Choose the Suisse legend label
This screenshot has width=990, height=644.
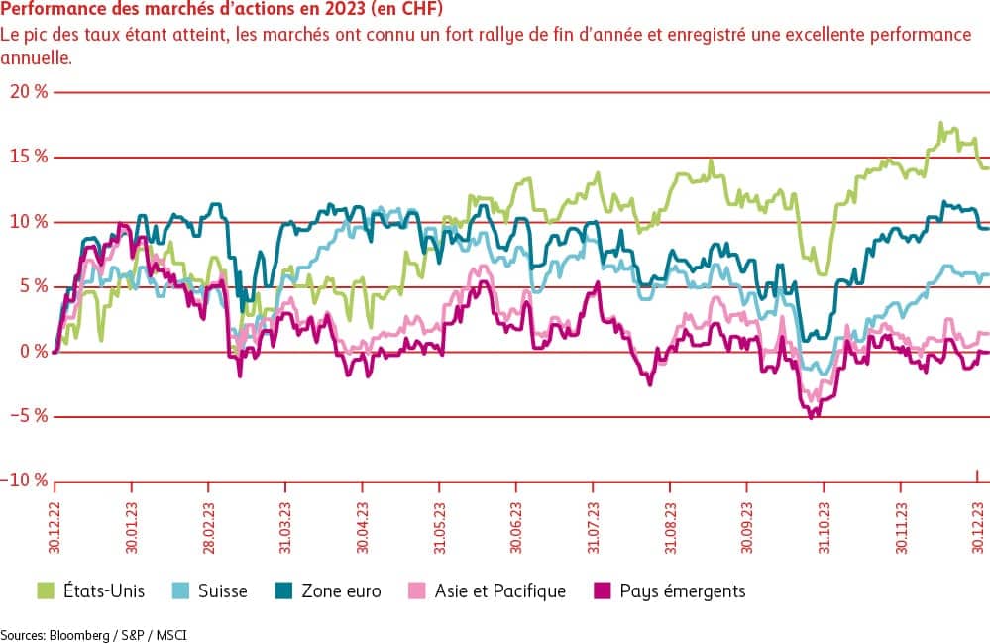tap(221, 591)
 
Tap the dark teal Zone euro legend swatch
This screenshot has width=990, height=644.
tap(281, 591)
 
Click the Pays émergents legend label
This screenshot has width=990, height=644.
tap(683, 591)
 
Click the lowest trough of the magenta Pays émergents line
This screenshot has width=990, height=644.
tap(812, 417)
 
